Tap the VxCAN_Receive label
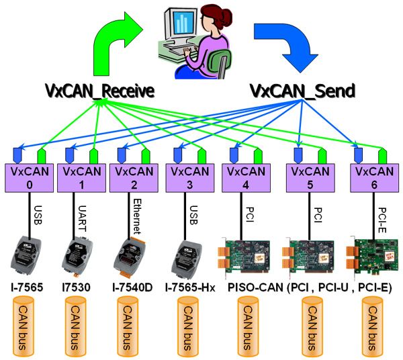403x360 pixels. (99, 91)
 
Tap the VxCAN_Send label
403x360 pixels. (302, 91)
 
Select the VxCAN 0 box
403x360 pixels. (30, 178)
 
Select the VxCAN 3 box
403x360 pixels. (190, 178)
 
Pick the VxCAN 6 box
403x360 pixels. (375, 178)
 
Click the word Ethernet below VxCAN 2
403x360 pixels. (138, 216)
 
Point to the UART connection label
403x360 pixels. (82, 218)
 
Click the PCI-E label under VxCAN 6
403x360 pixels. (383, 220)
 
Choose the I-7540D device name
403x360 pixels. (132, 287)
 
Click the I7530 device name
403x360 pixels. (77, 287)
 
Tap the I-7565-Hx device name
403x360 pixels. (190, 287)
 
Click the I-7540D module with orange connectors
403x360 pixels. (130, 258)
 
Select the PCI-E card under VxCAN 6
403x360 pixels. (372, 257)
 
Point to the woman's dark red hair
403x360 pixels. (217, 16)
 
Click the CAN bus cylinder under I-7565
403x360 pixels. (23, 326)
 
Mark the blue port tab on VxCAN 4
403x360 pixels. (234, 155)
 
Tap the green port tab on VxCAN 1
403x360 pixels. (93, 156)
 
